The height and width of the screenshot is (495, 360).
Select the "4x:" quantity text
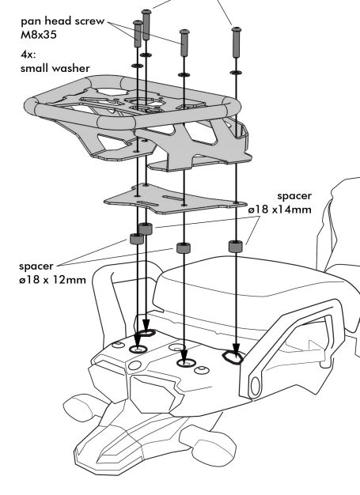[x=28, y=55]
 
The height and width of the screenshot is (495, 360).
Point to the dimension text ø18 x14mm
[x=279, y=210]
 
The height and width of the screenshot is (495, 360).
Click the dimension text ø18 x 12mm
[x=52, y=280]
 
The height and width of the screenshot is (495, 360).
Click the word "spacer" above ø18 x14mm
[x=294, y=196]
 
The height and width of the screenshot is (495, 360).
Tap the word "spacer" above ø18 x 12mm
[x=36, y=266]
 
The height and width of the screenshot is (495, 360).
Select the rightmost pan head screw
[x=237, y=42]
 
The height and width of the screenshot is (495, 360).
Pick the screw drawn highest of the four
[x=146, y=25]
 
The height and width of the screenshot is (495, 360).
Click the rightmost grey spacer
[x=236, y=246]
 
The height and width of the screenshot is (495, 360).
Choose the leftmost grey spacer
[x=137, y=239]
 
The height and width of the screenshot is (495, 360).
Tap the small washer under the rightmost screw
[x=237, y=73]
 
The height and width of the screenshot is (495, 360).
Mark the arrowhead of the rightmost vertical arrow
[x=236, y=351]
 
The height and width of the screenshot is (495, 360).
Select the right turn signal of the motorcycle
[x=207, y=441]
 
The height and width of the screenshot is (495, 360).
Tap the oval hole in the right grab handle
[x=255, y=386]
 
